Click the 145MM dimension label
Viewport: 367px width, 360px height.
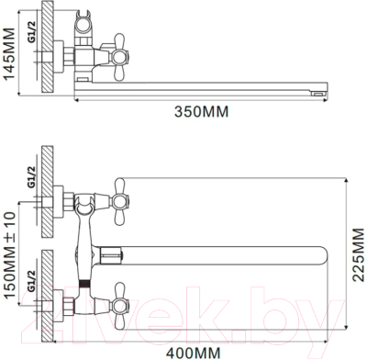[x=9, y=54]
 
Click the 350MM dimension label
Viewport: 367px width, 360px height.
[x=202, y=112]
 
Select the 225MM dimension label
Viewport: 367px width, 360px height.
[x=359, y=254]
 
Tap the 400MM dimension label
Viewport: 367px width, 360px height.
[x=194, y=353]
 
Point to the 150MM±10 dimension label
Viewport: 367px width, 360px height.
[x=9, y=255]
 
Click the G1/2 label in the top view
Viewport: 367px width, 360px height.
[x=33, y=32]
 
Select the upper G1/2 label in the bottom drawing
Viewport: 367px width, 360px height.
[x=31, y=176]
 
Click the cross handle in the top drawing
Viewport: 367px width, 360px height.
[x=119, y=57]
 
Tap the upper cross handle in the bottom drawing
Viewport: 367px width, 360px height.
[x=119, y=202]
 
